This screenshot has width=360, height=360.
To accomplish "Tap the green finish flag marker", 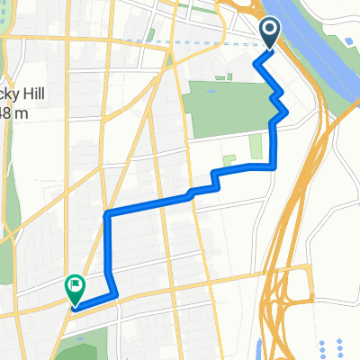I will tap(74, 288).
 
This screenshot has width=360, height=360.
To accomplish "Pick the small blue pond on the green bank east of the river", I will tap(346, 41).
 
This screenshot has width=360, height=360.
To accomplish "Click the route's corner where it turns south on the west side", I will tap(107, 214).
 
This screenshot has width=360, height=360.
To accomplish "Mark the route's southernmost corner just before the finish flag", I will tap(115, 294).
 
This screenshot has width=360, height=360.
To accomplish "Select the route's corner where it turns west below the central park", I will tap(274, 166).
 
